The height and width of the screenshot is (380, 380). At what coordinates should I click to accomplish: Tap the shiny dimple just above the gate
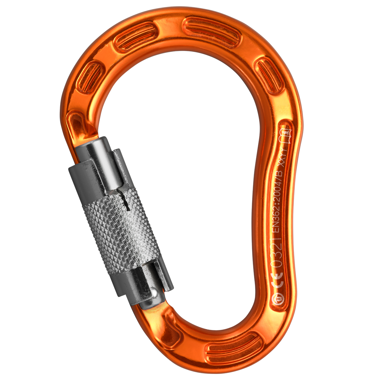[x=75, y=125]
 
